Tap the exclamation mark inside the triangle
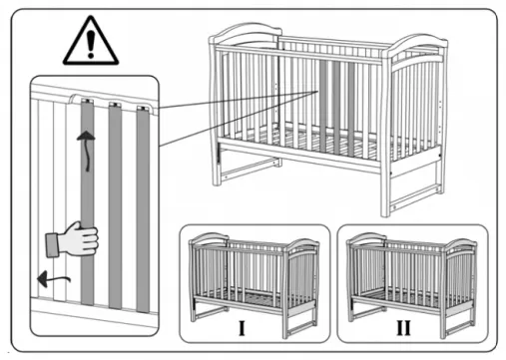(x=91, y=42)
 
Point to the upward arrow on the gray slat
(x=87, y=151)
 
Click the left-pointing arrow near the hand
(x=53, y=279)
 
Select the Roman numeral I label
(x=242, y=328)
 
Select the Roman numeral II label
(x=403, y=328)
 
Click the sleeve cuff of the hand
(x=52, y=245)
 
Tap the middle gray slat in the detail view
(x=115, y=206)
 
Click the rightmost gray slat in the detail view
(x=143, y=209)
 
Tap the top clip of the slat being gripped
(x=87, y=101)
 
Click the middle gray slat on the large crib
(x=336, y=108)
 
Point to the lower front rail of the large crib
(x=299, y=156)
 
